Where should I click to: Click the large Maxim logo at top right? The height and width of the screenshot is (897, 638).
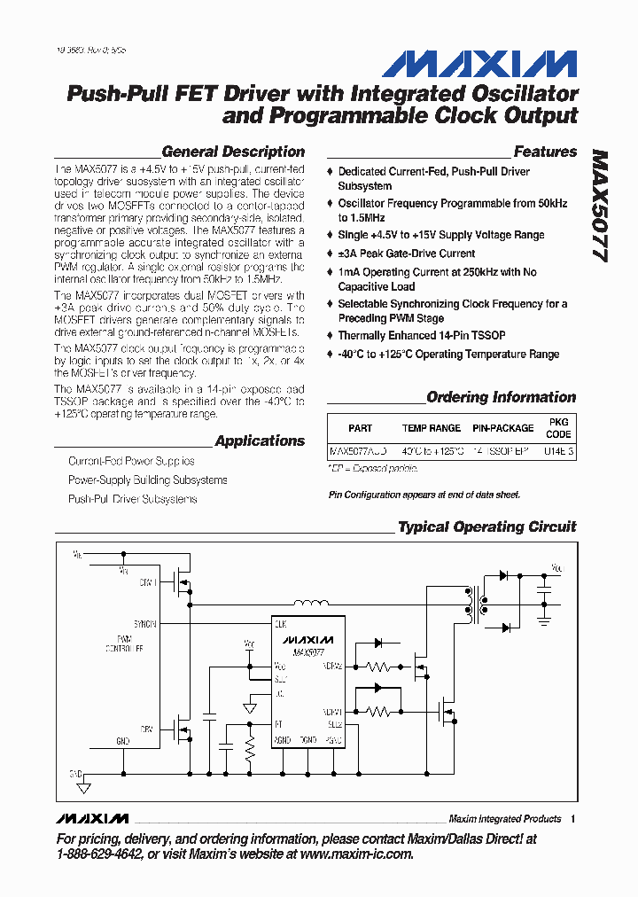[479, 64]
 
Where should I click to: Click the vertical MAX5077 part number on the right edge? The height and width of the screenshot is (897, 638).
[600, 204]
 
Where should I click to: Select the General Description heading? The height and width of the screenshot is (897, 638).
[233, 152]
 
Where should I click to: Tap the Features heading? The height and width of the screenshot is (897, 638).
[545, 152]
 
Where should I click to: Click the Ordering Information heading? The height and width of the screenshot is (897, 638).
[501, 397]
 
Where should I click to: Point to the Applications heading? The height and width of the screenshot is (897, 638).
[260, 441]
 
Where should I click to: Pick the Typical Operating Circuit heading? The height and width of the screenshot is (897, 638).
[486, 526]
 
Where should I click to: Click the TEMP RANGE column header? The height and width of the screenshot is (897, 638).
[432, 428]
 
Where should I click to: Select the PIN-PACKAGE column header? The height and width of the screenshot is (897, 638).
[502, 428]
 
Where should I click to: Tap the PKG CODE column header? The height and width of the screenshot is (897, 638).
[558, 428]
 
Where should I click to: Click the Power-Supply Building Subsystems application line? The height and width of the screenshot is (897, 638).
[148, 480]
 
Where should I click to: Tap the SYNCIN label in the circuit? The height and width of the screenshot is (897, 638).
[145, 623]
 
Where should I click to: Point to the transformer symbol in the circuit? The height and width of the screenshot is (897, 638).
[473, 606]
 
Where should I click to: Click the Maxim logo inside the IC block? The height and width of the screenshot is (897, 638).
[307, 639]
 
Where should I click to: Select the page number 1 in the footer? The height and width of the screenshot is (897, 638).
[574, 818]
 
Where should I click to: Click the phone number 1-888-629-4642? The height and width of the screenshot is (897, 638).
[103, 854]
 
